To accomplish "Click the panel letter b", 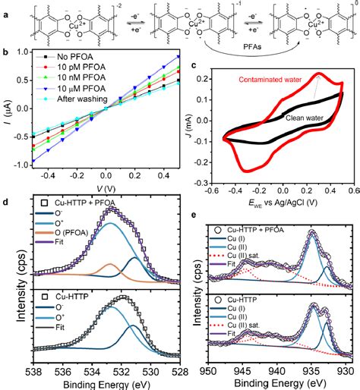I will [x=6, y=52].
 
